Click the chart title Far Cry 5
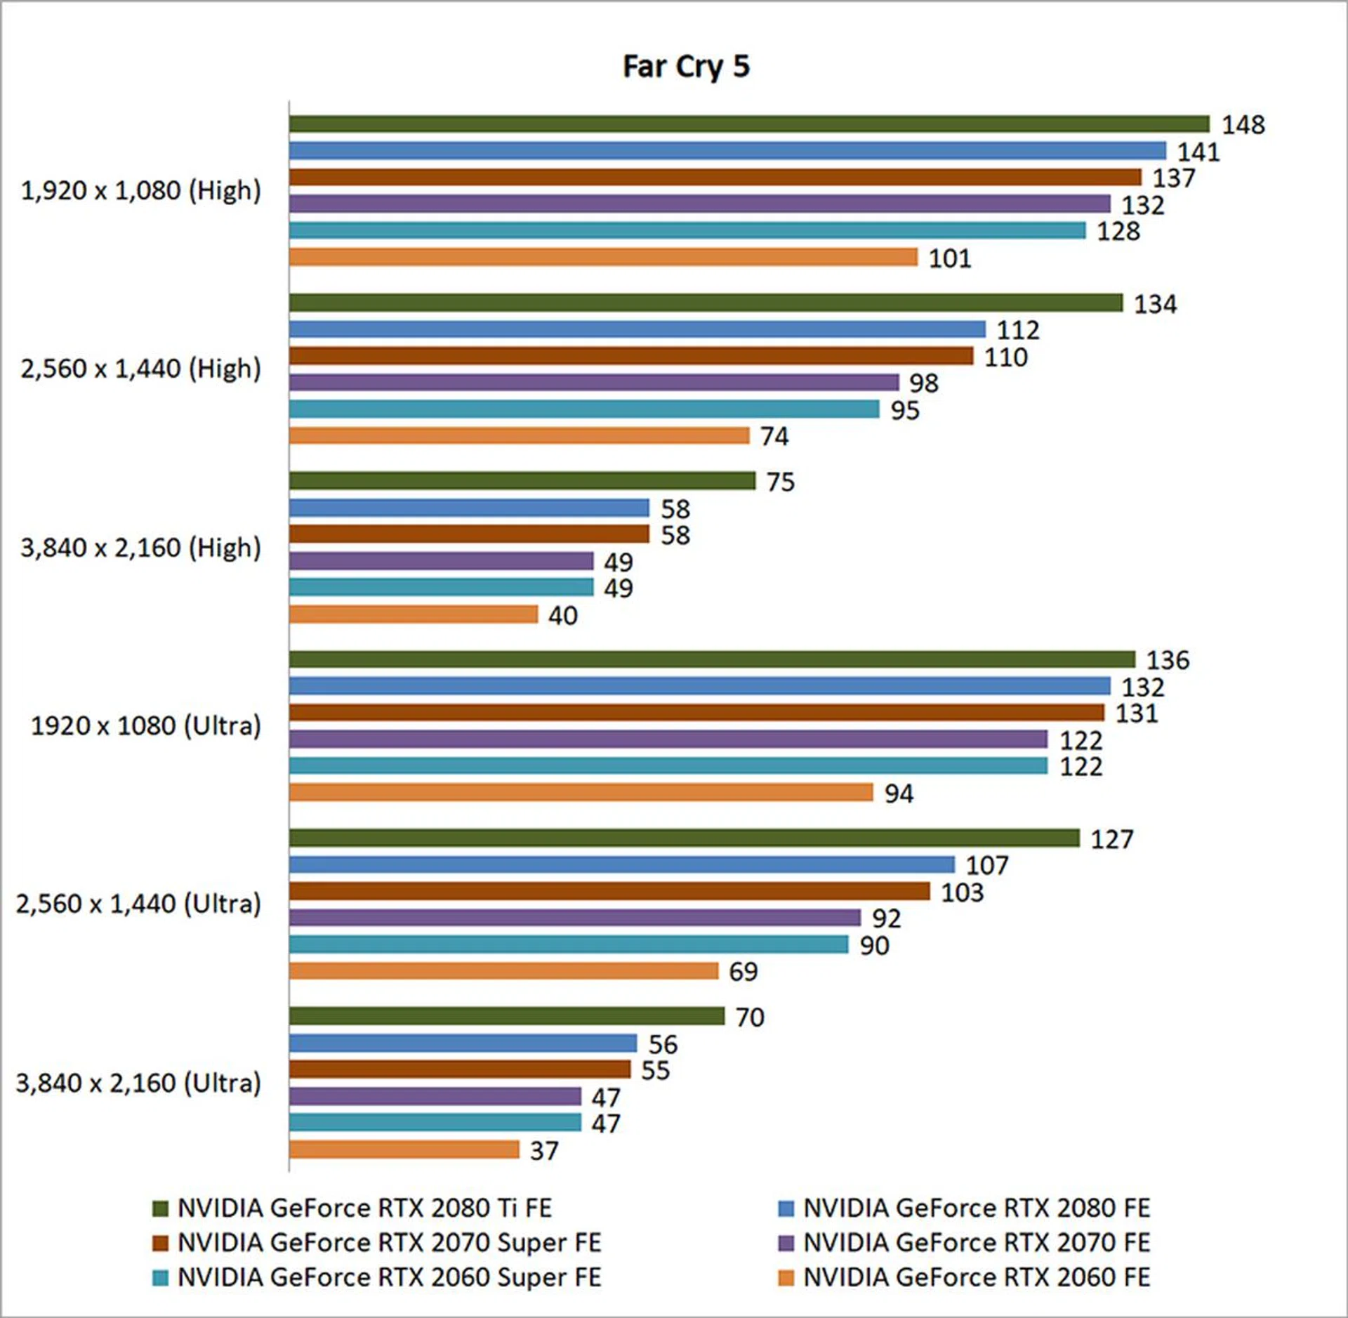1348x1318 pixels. click(686, 67)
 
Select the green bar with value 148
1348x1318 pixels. click(748, 124)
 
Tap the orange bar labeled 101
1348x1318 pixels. click(602, 257)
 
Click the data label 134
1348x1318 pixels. click(1155, 304)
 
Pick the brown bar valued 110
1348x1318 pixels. click(630, 356)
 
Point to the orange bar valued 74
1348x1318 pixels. click(519, 435)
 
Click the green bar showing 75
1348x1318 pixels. click(522, 481)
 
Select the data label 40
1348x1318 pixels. click(562, 616)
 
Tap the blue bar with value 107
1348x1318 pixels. click(621, 864)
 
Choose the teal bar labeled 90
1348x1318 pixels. click(568, 944)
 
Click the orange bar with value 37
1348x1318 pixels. click(404, 1149)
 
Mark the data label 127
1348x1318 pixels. click(1111, 839)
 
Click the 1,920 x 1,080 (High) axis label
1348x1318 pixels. click(140, 190)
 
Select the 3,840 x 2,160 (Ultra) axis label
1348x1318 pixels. click(138, 1083)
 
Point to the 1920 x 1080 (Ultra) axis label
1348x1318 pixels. click(145, 725)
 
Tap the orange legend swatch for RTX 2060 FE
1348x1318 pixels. click(786, 1278)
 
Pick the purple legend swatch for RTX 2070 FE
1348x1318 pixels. click(786, 1243)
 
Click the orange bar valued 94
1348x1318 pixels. click(581, 793)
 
